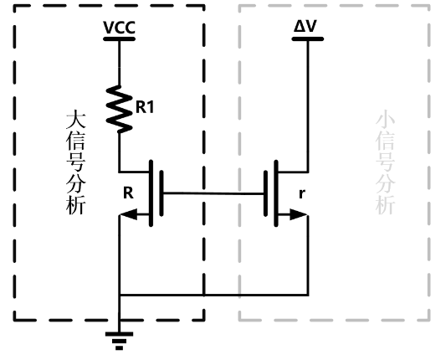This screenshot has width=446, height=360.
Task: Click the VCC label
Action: tap(119, 28)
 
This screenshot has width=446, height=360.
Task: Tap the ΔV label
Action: tap(305, 27)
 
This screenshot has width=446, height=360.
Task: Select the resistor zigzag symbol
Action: tap(119, 109)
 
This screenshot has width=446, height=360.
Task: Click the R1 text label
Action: tap(145, 107)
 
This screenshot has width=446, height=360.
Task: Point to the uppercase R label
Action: tap(128, 193)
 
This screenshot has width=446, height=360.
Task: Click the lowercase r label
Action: tap(302, 194)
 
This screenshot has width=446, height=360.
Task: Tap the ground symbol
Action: tap(119, 341)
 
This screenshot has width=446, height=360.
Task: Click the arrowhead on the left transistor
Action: tap(129, 214)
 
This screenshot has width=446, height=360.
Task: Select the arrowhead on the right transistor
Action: tap(299, 214)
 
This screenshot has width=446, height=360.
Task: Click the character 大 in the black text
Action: tap(75, 121)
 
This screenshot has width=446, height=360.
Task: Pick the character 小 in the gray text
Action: tap(386, 121)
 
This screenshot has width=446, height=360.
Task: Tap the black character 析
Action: tap(75, 205)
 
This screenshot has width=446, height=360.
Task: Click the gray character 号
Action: tap(386, 162)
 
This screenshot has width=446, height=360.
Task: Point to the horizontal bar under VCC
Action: tap(119, 39)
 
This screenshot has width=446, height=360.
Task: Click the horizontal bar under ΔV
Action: tap(308, 39)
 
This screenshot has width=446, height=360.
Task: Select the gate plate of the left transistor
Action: tap(161, 193)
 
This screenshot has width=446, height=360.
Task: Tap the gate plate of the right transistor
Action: tap(265, 193)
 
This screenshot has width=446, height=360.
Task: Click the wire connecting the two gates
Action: tap(213, 193)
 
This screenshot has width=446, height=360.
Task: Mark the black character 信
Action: tap(75, 141)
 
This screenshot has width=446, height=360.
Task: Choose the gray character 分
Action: tap(386, 184)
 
